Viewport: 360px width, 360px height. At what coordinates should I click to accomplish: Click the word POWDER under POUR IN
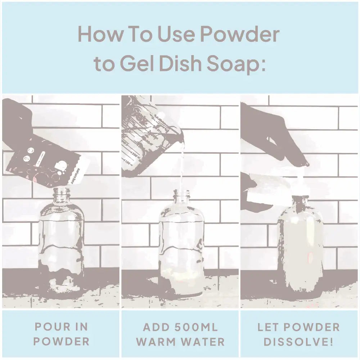click(61, 341)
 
